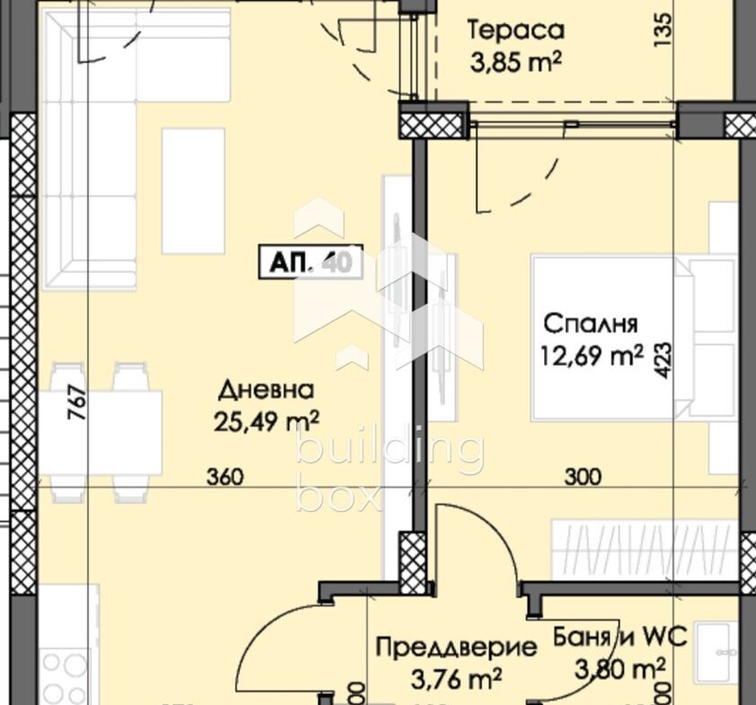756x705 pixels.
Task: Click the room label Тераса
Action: click(515, 30)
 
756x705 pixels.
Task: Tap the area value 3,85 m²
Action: click(515, 64)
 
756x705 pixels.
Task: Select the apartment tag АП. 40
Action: click(310, 263)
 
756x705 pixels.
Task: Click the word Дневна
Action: click(266, 391)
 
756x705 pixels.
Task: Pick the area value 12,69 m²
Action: click(591, 357)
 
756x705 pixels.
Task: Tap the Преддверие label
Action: click(456, 646)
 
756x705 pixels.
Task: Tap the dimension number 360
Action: click(224, 477)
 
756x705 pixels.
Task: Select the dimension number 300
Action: click(582, 477)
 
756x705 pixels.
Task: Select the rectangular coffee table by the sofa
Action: click(193, 190)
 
